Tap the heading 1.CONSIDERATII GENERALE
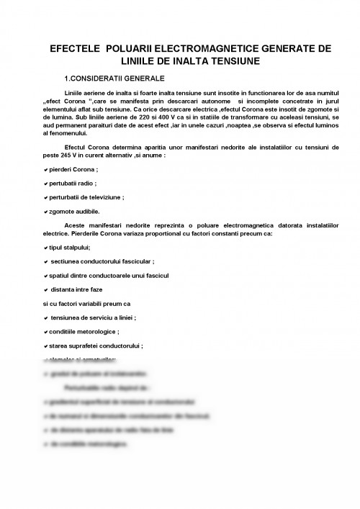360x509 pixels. pyautogui.click(x=114, y=78)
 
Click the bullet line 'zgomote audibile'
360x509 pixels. pyautogui.click(x=74, y=211)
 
